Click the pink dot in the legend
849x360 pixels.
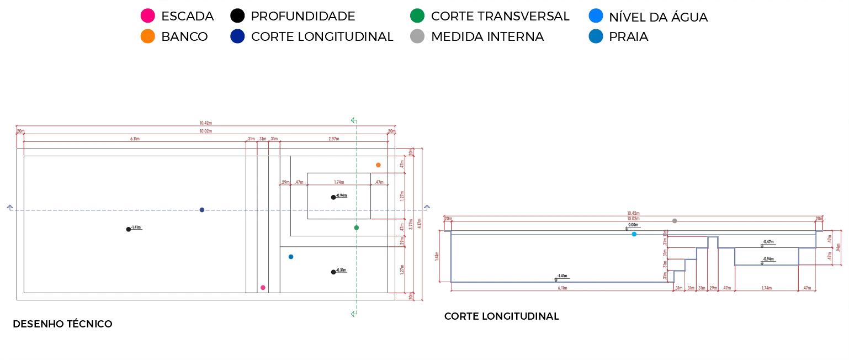click(x=147, y=15)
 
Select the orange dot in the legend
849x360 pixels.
click(x=147, y=37)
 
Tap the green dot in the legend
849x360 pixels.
click(x=417, y=15)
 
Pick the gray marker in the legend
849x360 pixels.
click(x=417, y=37)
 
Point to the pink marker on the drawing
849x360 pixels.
click(x=263, y=288)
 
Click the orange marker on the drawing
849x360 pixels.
click(x=379, y=164)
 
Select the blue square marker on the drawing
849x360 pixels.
click(x=291, y=256)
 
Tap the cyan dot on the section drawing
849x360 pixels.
click(x=634, y=234)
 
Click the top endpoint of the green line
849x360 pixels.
click(x=353, y=119)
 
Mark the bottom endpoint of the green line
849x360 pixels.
click(x=353, y=314)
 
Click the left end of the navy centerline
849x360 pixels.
click(x=8, y=208)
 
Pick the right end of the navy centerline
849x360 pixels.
click(x=427, y=208)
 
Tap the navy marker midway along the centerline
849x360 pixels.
click(x=201, y=209)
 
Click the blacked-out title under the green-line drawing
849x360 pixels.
click(x=63, y=325)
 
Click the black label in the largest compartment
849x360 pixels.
click(x=134, y=230)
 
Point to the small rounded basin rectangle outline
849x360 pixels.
click(x=338, y=197)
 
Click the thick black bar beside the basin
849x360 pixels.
click(x=372, y=197)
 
